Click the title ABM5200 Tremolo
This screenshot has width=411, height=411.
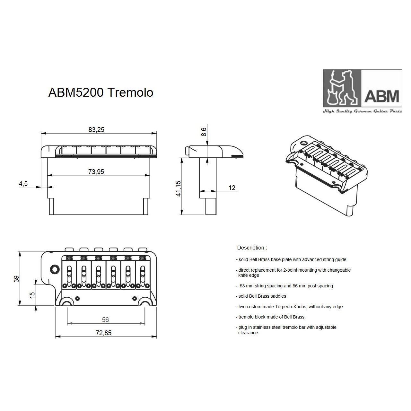(101, 92)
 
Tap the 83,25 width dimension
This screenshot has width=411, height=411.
(96, 130)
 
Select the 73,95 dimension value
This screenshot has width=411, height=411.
(96, 172)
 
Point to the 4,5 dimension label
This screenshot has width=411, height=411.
(23, 184)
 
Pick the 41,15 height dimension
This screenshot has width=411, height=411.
(179, 188)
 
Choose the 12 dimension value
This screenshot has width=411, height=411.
(232, 188)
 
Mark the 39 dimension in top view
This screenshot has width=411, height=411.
(16, 279)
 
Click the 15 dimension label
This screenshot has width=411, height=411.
(32, 295)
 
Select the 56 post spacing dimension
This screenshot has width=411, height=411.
(105, 320)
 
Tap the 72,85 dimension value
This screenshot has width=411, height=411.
(103, 333)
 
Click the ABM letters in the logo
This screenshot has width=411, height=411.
(381, 96)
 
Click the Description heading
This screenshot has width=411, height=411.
(252, 248)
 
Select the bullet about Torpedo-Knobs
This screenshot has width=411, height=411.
(290, 307)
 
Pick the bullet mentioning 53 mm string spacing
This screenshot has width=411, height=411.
(285, 286)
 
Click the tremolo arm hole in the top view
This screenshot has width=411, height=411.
(55, 269)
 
